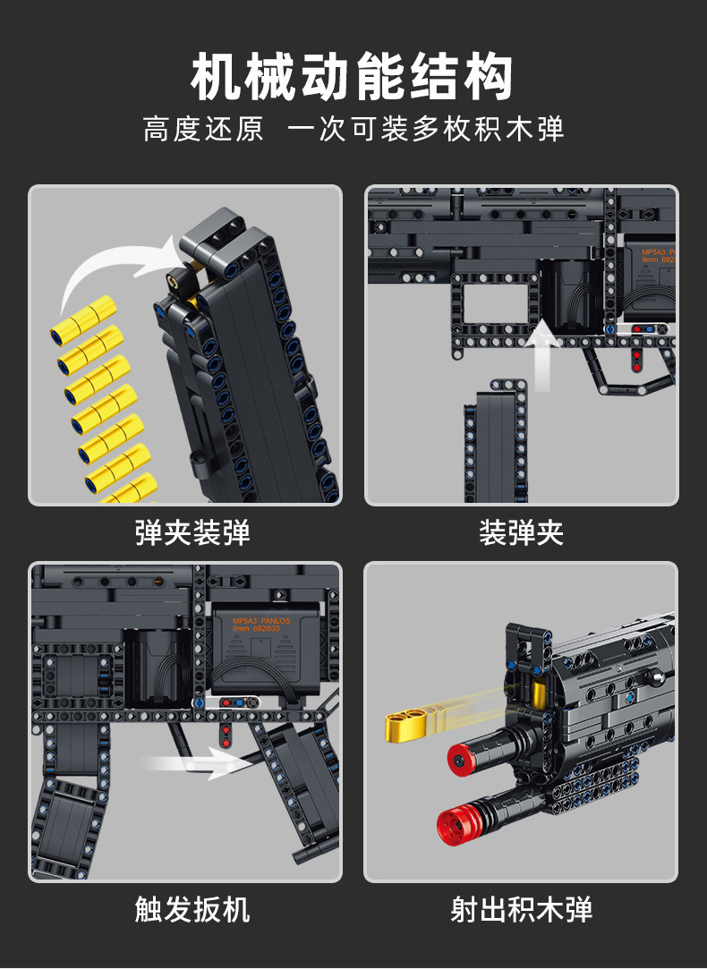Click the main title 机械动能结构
tap(353, 78)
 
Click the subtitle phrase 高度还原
tap(203, 129)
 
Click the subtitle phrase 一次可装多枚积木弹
tap(425, 129)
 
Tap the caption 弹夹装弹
tap(192, 534)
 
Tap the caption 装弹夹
tap(521, 534)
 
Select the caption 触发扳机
tap(192, 910)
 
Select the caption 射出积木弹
tap(521, 910)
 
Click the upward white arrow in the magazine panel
tap(544, 358)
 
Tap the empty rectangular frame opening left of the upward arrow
tap(495, 305)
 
